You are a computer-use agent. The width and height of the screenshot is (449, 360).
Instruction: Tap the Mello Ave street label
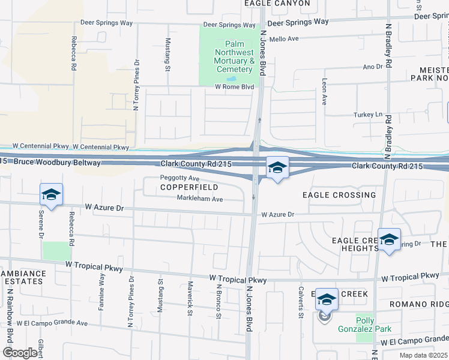(x=284, y=39)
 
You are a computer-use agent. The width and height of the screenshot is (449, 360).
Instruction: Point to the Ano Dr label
(x=372, y=67)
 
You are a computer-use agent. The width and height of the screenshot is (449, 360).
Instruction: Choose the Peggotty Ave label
(x=179, y=178)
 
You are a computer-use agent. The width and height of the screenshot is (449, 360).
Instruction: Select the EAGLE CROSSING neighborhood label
(x=339, y=195)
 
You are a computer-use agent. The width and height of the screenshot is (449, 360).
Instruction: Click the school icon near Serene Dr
(x=51, y=194)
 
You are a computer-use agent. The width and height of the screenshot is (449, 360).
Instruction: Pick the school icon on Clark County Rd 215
(x=277, y=167)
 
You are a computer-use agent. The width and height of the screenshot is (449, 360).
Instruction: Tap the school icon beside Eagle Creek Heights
(x=389, y=239)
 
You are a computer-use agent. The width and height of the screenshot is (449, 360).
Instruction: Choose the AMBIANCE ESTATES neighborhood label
(x=23, y=278)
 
